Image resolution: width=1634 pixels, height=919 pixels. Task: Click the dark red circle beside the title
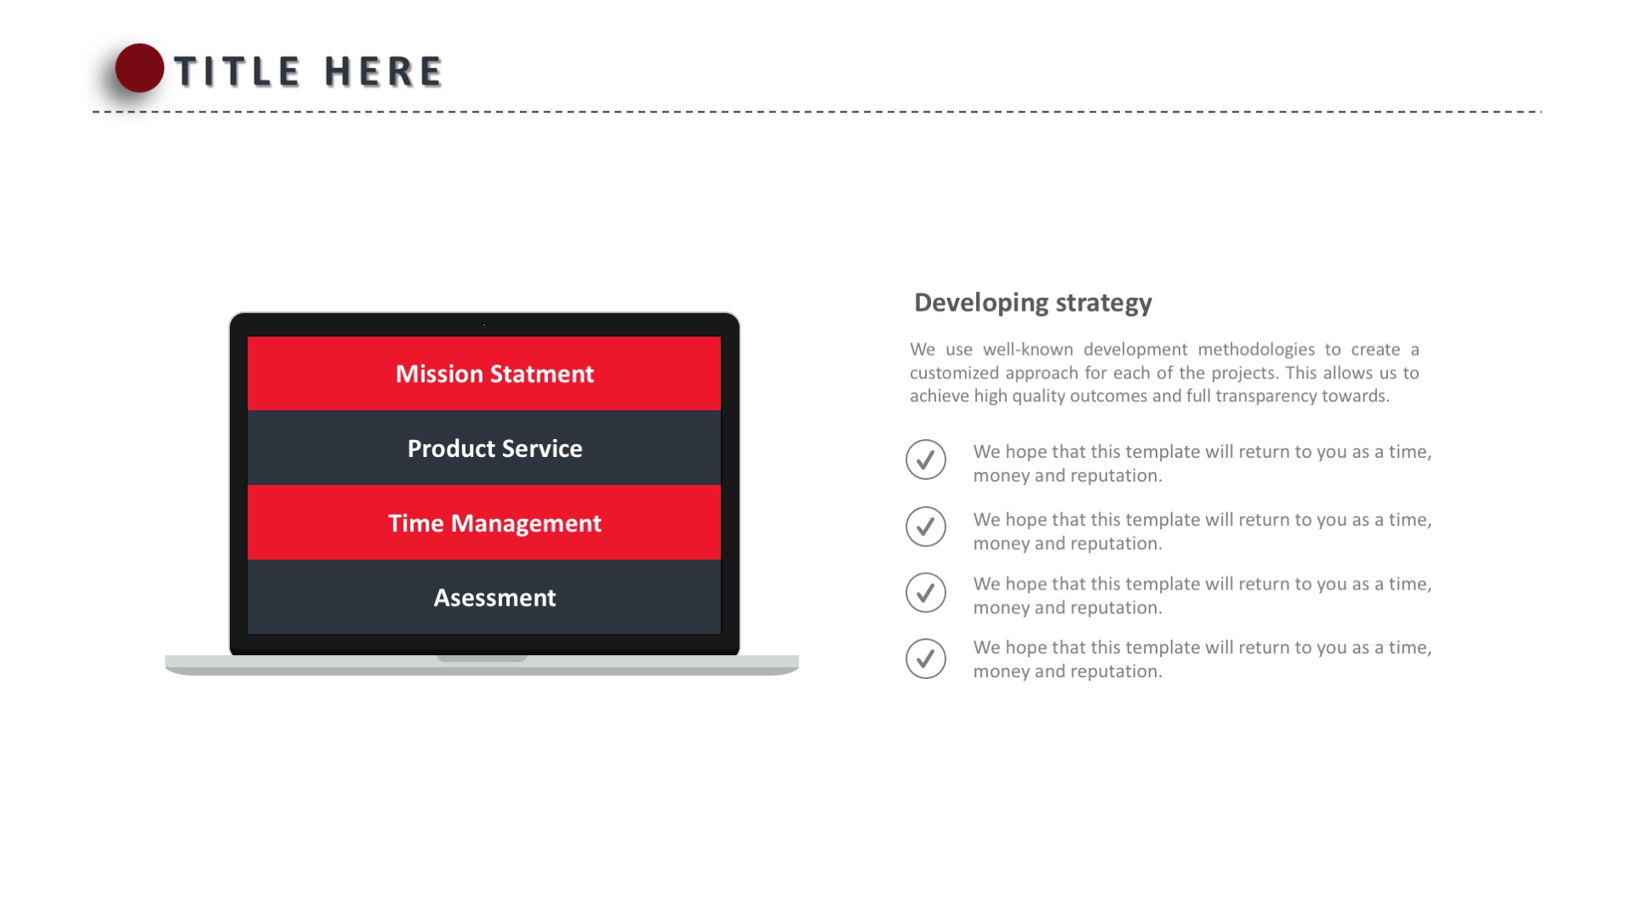click(140, 68)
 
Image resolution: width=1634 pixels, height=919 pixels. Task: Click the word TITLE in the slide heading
click(237, 71)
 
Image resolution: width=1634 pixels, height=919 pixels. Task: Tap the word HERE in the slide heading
click(384, 71)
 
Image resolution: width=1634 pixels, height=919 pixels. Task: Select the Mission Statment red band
click(484, 374)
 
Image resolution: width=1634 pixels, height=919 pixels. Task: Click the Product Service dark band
click(484, 448)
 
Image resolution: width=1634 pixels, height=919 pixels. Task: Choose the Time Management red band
click(484, 522)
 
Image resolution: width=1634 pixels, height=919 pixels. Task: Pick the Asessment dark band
click(484, 596)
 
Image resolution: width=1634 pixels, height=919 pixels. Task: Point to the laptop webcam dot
click(484, 324)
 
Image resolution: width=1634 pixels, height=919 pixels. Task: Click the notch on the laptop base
click(482, 658)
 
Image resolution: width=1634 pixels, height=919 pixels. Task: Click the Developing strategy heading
click(1033, 303)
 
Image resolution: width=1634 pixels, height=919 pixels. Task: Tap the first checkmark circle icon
click(926, 459)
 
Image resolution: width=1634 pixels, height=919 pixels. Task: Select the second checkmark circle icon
click(926, 527)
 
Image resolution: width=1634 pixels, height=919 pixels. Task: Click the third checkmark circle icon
click(926, 592)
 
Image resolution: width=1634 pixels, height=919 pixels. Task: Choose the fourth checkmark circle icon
click(926, 659)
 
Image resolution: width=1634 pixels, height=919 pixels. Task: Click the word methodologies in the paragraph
click(1256, 350)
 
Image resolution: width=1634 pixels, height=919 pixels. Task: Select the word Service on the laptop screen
click(542, 448)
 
